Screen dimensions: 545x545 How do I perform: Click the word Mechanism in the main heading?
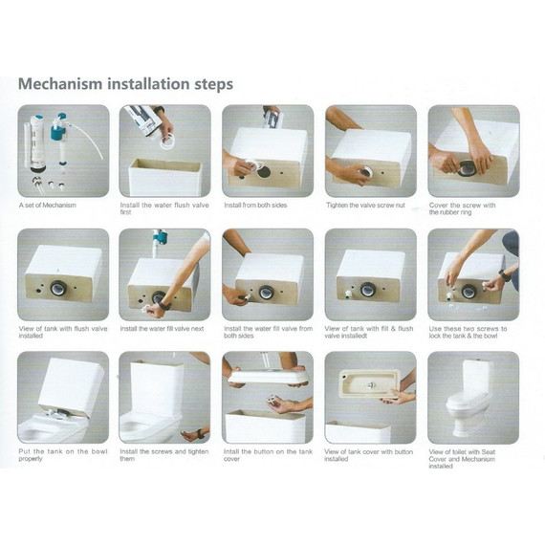[60, 84]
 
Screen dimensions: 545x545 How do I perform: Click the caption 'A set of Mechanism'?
[47, 205]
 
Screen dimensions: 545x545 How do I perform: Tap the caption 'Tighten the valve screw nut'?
[365, 205]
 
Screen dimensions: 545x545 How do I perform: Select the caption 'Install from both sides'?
[255, 205]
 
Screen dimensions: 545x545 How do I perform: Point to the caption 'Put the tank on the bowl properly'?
[63, 455]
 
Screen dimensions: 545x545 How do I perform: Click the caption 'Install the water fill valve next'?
[162, 329]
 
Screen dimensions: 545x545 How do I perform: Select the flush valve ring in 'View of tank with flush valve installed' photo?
[58, 288]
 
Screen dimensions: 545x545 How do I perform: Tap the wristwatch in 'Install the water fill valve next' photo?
[163, 306]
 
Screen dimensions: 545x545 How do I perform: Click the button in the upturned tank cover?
[371, 384]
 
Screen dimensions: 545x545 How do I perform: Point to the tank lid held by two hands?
[268, 375]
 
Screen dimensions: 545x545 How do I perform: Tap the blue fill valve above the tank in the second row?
[160, 238]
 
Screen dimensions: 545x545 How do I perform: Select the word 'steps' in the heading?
[213, 84]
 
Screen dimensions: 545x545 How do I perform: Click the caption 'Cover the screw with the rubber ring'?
[462, 208]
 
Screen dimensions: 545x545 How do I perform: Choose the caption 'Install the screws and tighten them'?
[164, 455]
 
